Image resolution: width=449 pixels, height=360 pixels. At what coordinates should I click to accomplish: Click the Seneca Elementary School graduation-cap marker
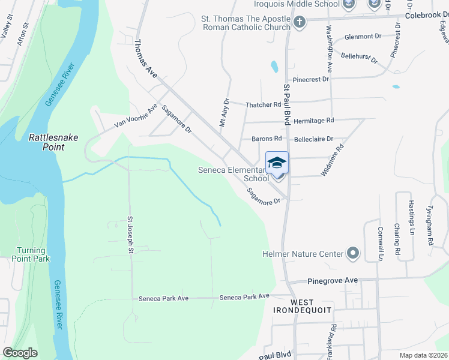[x=277, y=163]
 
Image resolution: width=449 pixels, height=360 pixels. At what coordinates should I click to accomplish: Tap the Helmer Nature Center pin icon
[x=352, y=254]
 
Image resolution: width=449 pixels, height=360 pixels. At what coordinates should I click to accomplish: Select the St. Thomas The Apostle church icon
[x=299, y=23]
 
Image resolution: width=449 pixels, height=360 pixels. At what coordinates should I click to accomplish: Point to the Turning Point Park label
[x=31, y=254]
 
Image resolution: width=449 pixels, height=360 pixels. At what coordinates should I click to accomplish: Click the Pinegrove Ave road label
[x=333, y=281]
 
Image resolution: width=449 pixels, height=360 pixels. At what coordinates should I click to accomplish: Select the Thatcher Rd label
[x=264, y=105]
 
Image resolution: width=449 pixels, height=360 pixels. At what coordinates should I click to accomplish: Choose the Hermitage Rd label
[x=314, y=121]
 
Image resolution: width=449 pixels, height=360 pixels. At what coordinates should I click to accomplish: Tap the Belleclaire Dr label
[x=313, y=139]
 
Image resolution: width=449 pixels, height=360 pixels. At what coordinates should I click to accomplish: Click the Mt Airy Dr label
[x=223, y=113]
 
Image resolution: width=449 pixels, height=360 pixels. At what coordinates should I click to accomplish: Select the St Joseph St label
[x=129, y=235]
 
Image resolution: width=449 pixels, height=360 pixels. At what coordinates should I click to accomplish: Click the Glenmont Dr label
[x=363, y=37]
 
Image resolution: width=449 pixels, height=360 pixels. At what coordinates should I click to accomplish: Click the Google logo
[x=20, y=353]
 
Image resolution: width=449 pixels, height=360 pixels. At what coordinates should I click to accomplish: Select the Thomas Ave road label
[x=145, y=58]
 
